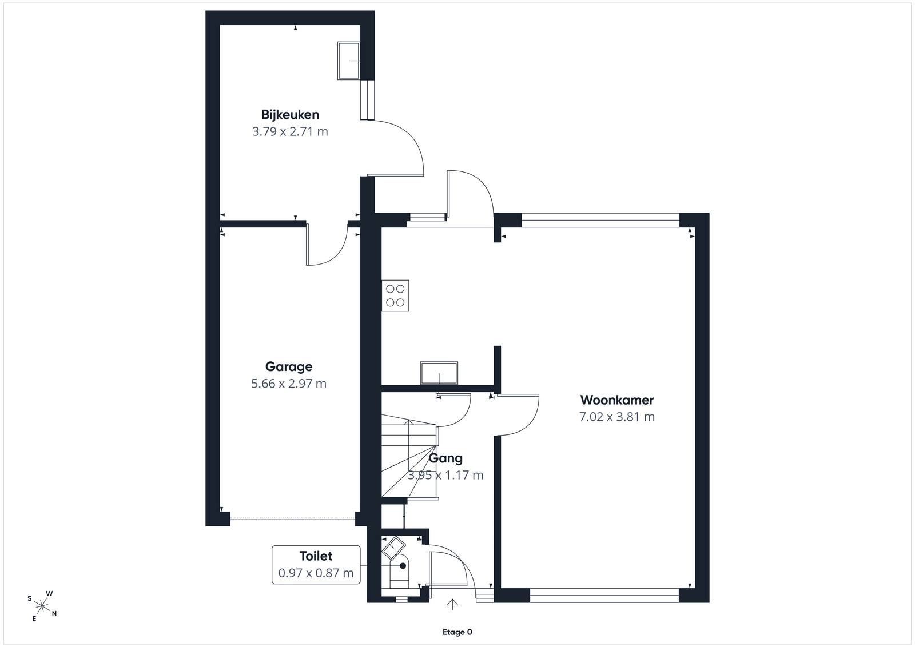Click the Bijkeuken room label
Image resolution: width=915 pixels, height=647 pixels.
(x=290, y=115)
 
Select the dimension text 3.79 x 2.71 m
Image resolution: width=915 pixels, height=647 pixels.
(x=290, y=132)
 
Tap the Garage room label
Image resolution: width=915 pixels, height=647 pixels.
(x=289, y=366)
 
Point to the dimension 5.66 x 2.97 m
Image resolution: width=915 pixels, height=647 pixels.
(x=289, y=384)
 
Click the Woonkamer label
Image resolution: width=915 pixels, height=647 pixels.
(x=617, y=400)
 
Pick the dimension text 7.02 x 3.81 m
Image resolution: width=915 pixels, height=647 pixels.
(x=617, y=417)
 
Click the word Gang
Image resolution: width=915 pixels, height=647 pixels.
(x=445, y=458)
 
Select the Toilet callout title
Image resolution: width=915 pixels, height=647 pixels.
(x=316, y=556)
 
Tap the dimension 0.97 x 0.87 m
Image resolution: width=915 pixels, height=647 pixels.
(x=316, y=573)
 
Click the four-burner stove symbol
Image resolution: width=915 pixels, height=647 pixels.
(x=395, y=295)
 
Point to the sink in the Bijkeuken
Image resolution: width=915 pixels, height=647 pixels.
(x=348, y=61)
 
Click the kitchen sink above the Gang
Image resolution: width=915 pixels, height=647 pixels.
(x=439, y=373)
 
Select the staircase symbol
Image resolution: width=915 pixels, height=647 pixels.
(x=409, y=456)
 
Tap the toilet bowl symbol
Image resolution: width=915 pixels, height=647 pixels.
(x=399, y=570)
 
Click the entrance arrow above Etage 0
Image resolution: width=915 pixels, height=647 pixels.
(x=452, y=604)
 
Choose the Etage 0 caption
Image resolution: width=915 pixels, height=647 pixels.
(x=457, y=632)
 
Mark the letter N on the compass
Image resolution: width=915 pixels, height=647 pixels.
(x=54, y=613)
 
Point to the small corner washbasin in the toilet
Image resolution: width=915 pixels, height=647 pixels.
(x=393, y=548)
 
